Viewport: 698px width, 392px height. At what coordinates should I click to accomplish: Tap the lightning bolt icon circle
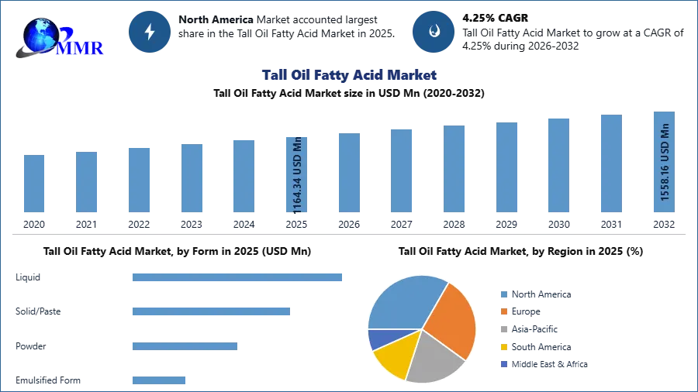150,32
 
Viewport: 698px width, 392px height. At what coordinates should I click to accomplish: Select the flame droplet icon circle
434,32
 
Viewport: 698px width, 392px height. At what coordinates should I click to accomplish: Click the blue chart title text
350,75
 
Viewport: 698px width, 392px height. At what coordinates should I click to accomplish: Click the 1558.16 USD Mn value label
665,163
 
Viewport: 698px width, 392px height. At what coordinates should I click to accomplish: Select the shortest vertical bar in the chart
34,185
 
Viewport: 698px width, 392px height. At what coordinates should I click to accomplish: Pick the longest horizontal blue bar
238,278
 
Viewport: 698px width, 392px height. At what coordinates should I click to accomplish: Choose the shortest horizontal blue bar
158,378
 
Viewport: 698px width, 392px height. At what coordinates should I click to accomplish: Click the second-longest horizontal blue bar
210,310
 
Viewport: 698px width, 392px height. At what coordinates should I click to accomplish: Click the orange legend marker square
503,311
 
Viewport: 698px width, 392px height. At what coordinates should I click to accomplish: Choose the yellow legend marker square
503,347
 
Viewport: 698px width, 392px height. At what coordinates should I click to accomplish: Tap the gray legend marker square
503,329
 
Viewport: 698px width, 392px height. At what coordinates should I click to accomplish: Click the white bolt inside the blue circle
150,32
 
